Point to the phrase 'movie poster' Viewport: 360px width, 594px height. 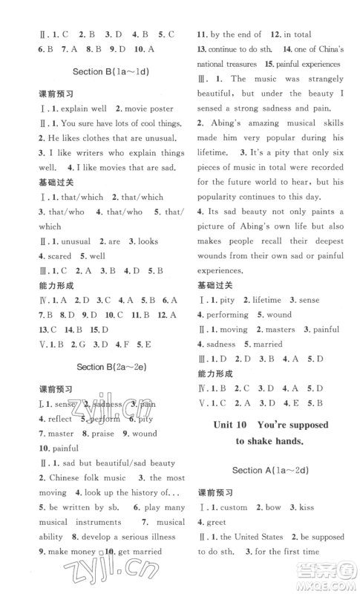pos(145,109)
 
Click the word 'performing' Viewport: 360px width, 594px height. pos(231,314)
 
